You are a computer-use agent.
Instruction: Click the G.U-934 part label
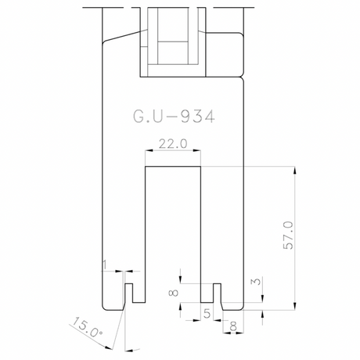click(174, 117)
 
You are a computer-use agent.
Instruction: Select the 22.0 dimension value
click(173, 144)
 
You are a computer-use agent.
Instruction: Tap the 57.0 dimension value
click(288, 236)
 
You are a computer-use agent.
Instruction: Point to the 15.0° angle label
click(87, 327)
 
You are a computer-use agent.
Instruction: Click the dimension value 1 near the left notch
click(105, 265)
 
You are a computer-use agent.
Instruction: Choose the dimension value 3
click(257, 282)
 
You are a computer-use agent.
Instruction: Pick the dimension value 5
click(207, 314)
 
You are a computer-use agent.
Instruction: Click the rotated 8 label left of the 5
click(174, 293)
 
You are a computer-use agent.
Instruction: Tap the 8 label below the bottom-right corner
click(233, 326)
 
